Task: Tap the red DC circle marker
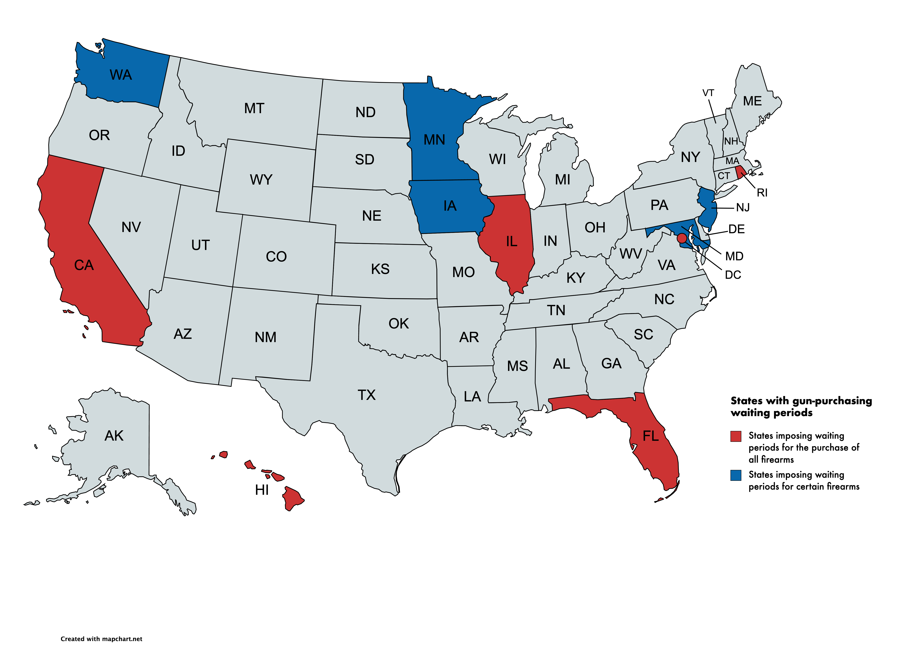click(x=682, y=238)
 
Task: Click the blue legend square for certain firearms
click(x=736, y=475)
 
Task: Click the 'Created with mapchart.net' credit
click(x=101, y=639)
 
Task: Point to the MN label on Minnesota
click(x=434, y=140)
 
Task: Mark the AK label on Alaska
click(x=114, y=436)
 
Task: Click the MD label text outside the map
click(x=734, y=256)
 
